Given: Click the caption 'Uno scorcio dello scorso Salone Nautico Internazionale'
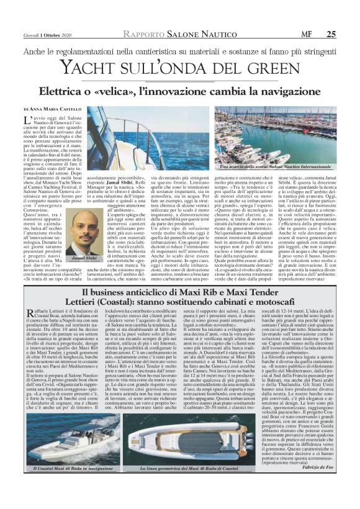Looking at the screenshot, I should pyautogui.click(x=289, y=168).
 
